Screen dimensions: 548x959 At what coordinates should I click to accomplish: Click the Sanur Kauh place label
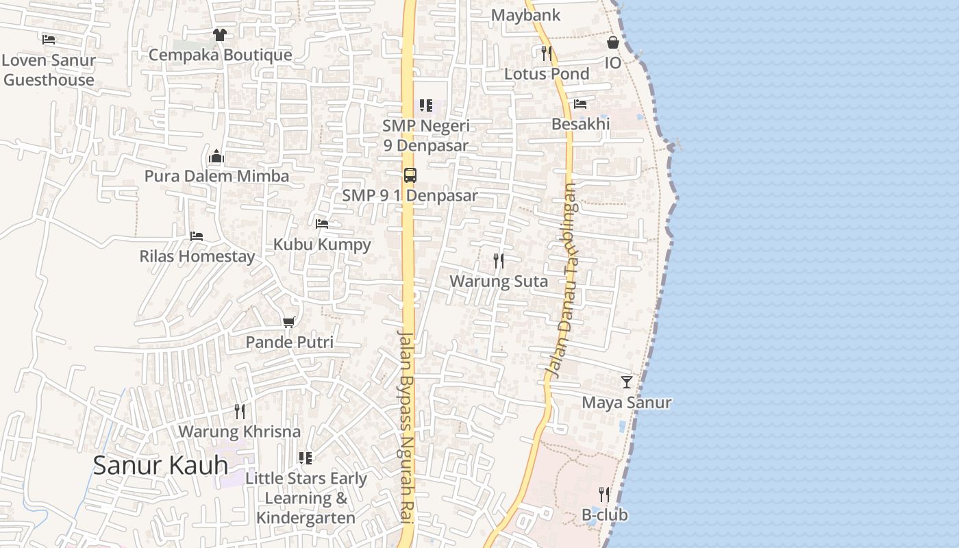click(x=160, y=465)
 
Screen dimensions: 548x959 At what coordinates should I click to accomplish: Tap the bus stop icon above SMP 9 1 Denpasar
click(x=410, y=175)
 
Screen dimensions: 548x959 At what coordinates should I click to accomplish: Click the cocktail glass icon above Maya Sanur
click(x=626, y=382)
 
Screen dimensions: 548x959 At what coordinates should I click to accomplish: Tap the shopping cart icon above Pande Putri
click(x=289, y=322)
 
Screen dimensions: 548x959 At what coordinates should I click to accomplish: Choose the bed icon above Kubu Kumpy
click(x=322, y=224)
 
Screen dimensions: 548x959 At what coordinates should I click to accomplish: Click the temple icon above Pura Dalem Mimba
click(x=216, y=156)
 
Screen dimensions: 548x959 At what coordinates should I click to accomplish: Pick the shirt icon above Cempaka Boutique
click(x=220, y=35)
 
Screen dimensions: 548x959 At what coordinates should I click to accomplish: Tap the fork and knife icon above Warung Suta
click(x=499, y=261)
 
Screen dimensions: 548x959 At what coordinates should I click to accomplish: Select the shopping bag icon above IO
click(x=612, y=42)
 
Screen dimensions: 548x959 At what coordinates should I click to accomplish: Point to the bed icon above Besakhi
click(x=580, y=104)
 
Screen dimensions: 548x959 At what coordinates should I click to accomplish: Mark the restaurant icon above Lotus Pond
click(x=546, y=53)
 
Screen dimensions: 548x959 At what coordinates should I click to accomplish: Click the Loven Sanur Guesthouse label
click(x=48, y=70)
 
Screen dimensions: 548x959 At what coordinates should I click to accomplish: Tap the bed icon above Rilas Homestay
click(x=197, y=236)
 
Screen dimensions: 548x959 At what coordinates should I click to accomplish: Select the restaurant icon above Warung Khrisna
click(x=239, y=412)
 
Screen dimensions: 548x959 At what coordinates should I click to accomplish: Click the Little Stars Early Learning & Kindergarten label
click(x=306, y=498)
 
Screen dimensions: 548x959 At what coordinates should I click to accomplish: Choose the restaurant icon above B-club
click(x=603, y=495)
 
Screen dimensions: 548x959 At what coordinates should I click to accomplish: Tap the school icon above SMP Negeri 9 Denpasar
click(x=425, y=105)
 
